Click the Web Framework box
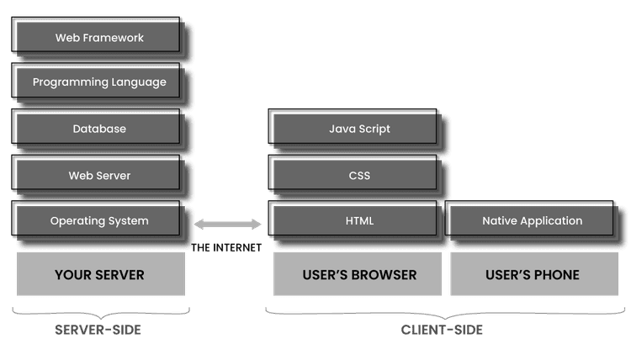100,37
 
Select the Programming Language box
100,82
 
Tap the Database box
100,129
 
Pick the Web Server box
100,176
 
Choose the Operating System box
100,221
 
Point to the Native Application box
532,221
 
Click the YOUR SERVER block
101,274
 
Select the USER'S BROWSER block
358,274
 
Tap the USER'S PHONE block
534,274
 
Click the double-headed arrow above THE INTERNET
228,224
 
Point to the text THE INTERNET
226,248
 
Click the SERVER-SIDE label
98,330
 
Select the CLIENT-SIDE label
442,330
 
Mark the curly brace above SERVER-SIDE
101,313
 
